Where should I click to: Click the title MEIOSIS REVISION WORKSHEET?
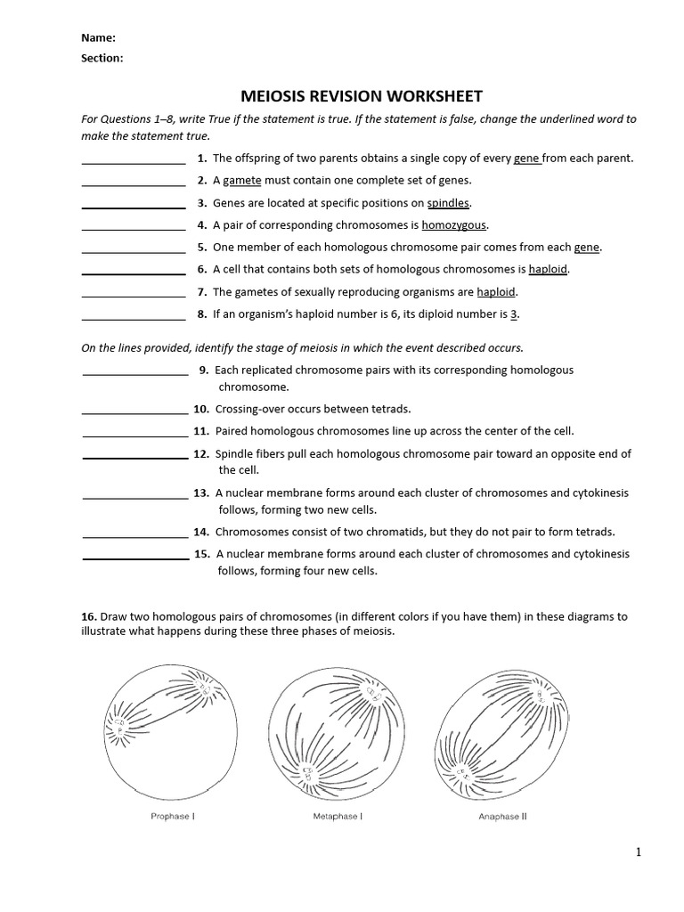[362, 96]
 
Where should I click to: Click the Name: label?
[98, 38]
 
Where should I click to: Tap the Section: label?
[102, 58]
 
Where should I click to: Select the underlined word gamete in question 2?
[241, 181]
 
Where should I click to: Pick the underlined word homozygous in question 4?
[454, 225]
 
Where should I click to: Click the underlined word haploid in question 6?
[548, 269]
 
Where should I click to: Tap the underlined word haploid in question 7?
[496, 292]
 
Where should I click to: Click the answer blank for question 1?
[134, 162]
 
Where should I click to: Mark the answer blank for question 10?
[134, 412]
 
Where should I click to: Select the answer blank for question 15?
[134, 558]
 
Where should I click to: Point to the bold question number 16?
[88, 616]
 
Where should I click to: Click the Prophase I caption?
[170, 817]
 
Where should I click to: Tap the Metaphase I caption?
[331, 817]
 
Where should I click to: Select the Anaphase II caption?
[502, 817]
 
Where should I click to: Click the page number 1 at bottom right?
[638, 853]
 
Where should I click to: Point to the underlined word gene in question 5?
[586, 248]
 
